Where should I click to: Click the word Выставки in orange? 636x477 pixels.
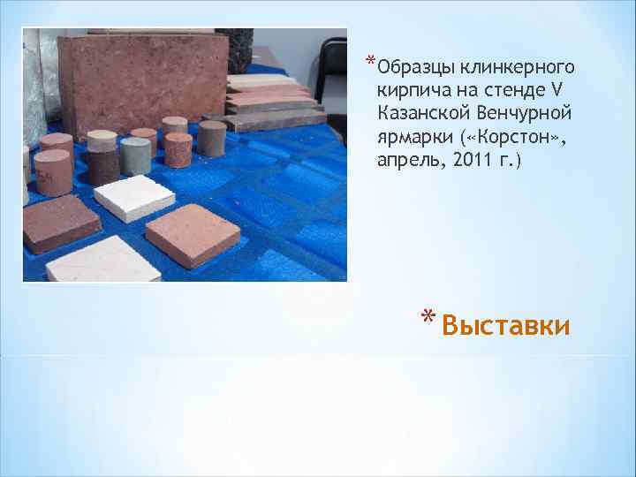[505, 326]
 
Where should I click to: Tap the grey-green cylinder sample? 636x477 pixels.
[137, 155]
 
